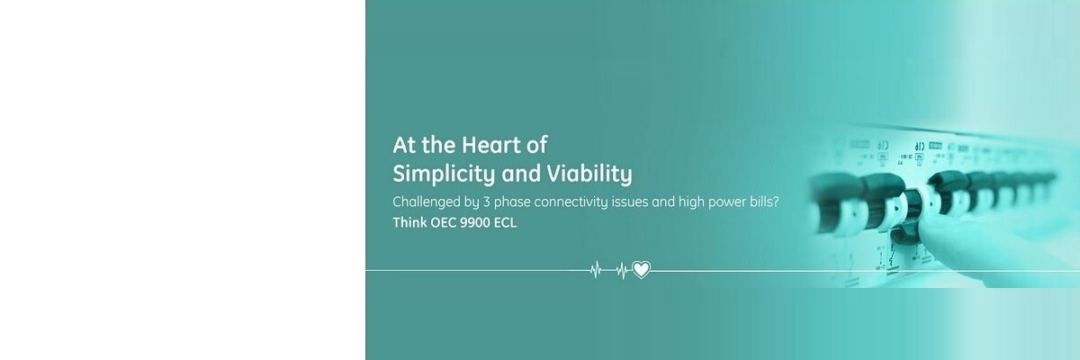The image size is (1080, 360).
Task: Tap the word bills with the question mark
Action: [764, 201]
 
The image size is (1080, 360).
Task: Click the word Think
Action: [409, 222]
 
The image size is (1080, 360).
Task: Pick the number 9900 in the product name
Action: [475, 223]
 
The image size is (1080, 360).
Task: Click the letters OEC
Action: [443, 223]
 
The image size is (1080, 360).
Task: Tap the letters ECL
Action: [505, 223]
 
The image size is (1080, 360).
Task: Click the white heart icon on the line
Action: [641, 270]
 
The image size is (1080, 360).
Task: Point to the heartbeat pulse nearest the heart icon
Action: [623, 270]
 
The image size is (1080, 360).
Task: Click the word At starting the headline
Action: [403, 145]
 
